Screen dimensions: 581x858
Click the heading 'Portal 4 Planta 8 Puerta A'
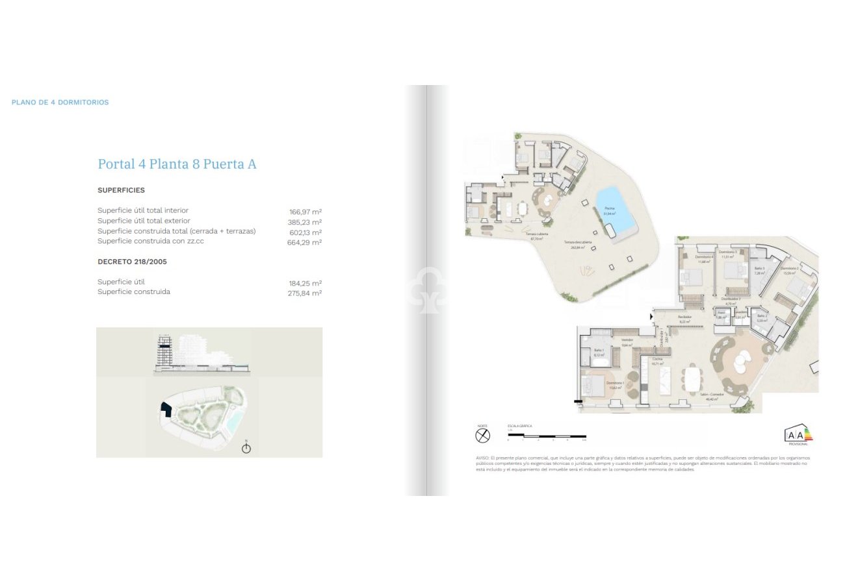click(x=177, y=164)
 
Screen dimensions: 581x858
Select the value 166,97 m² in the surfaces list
click(x=305, y=212)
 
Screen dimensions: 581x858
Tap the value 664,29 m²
click(x=305, y=242)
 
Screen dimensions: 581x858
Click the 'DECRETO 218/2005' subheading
click(x=127, y=262)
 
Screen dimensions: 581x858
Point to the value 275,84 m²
click(x=305, y=293)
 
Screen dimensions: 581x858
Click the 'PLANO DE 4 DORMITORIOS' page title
click(x=60, y=103)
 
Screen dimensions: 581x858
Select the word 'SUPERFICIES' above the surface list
click(x=121, y=190)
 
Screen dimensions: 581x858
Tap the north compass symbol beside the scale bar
click(x=482, y=436)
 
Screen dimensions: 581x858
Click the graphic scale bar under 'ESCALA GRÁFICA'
click(x=547, y=436)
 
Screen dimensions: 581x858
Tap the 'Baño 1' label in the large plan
click(x=599, y=352)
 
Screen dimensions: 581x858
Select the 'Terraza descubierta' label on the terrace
click(x=574, y=244)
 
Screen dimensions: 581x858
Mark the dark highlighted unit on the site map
click(x=166, y=410)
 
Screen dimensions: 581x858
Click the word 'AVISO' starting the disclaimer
click(x=482, y=458)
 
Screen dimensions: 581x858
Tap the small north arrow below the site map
click(x=246, y=448)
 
